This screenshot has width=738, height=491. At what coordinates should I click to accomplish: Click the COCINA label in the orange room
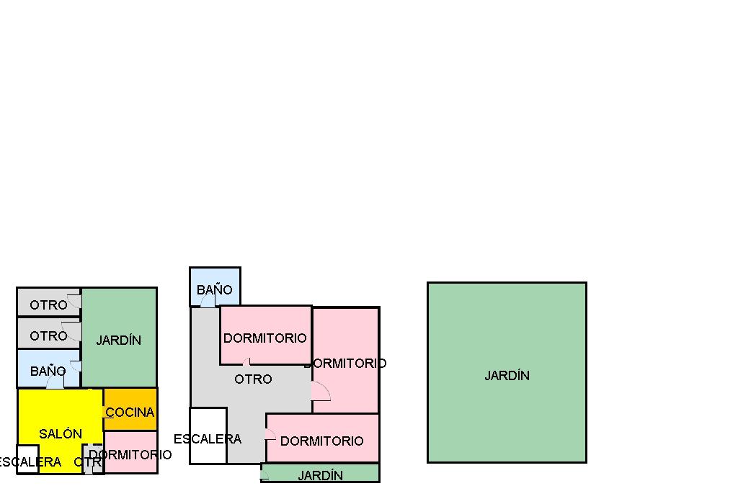[x=130, y=413]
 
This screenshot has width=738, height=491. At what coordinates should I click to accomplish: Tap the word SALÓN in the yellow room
[x=61, y=433]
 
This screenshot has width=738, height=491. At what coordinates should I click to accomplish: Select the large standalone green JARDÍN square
[x=507, y=372]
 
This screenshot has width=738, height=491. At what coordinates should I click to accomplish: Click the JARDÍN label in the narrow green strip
[x=320, y=475]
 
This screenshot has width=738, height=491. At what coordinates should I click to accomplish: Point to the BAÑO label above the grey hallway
[x=215, y=289]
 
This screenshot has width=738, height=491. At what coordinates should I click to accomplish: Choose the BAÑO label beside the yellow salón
[x=48, y=371]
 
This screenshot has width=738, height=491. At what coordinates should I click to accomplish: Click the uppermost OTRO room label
[x=48, y=305]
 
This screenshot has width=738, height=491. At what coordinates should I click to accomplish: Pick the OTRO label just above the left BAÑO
[x=48, y=335]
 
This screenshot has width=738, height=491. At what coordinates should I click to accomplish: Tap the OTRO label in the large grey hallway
[x=253, y=379]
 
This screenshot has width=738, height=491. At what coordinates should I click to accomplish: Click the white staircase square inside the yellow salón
[x=27, y=459]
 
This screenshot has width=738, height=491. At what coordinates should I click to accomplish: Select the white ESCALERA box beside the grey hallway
[x=208, y=436]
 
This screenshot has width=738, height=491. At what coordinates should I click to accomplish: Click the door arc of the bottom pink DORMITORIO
[x=270, y=433]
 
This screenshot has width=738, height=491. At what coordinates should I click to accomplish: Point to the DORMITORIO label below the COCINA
[x=130, y=454]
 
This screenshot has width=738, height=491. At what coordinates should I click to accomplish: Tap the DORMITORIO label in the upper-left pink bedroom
[x=264, y=338]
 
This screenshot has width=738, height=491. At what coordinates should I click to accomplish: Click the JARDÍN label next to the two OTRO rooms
[x=119, y=340]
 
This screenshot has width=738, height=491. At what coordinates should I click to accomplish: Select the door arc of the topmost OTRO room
[x=74, y=301]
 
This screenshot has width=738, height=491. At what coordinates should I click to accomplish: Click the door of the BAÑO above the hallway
[x=208, y=299]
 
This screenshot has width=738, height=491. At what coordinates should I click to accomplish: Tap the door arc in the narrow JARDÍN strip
[x=264, y=474]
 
